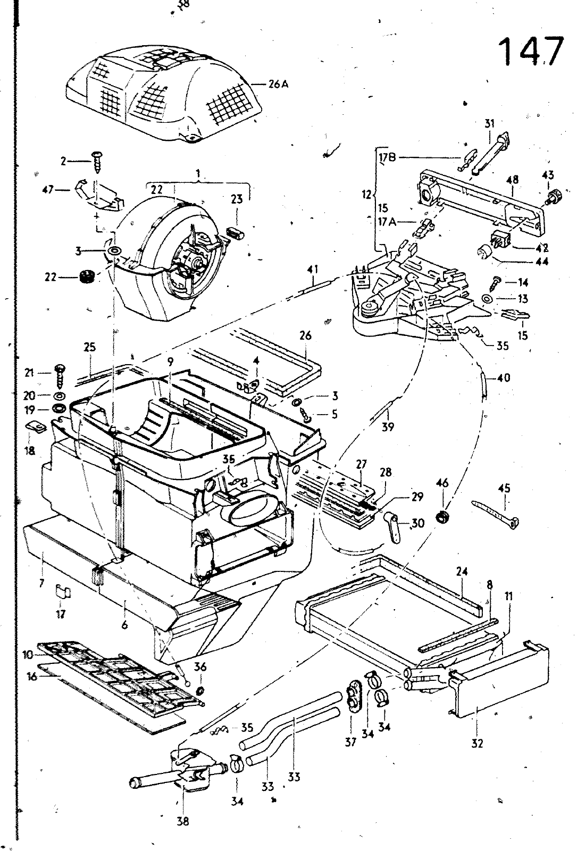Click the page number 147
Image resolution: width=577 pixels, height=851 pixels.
(x=530, y=52)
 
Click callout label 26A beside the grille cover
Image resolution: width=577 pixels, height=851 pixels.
(x=277, y=83)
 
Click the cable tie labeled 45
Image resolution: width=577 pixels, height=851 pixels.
(x=496, y=514)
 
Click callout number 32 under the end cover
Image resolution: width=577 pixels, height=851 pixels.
(x=477, y=743)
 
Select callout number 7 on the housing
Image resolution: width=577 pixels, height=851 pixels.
(x=41, y=584)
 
